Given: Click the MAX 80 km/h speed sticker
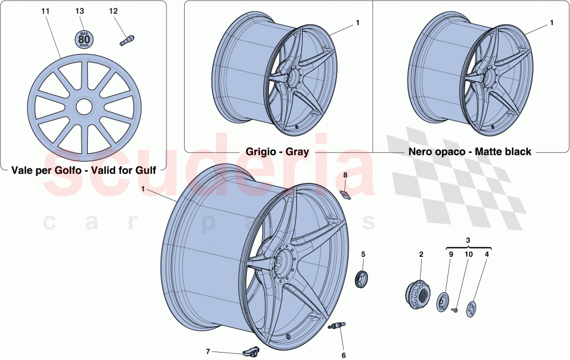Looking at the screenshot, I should point(84,39).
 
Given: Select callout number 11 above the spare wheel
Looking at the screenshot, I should point(45,11).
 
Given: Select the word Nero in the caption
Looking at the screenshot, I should point(419,152).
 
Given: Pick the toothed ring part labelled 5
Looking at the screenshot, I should point(362,280).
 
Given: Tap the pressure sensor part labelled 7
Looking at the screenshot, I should point(251,353).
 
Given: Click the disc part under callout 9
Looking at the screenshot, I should point(443,301).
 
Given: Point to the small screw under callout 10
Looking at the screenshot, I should point(456,310).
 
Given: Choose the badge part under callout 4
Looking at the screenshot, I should point(471,309).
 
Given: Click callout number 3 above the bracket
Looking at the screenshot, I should point(467,241).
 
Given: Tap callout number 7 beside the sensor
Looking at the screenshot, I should point(208,351).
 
